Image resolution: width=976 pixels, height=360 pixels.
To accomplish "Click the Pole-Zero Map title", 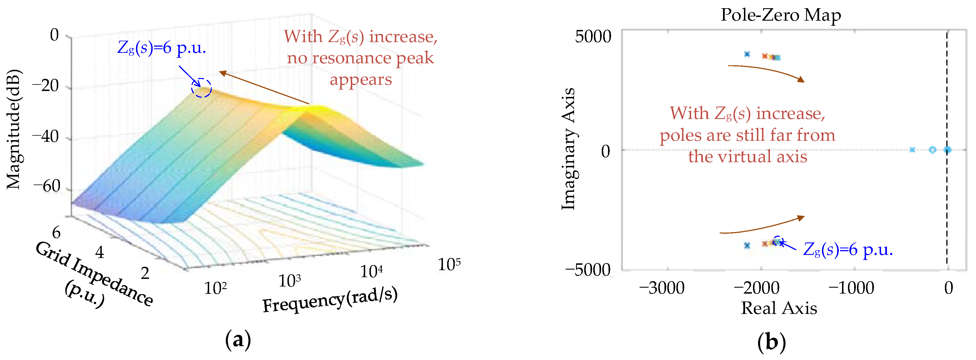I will point(780,15).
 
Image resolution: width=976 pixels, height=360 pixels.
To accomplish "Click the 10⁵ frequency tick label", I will point(449,264).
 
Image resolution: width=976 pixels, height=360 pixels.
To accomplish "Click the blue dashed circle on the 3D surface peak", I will point(201,88).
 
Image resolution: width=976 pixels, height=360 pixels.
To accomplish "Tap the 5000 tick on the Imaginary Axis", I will point(593,37).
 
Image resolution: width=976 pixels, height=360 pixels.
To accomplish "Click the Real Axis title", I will point(779,308).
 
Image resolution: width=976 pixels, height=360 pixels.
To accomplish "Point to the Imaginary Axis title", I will point(568,149).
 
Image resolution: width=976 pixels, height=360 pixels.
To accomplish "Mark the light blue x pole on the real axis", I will point(912,150).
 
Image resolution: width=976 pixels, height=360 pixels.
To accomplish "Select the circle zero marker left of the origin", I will point(932,150).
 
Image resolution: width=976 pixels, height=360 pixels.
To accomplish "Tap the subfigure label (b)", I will point(771,342).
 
